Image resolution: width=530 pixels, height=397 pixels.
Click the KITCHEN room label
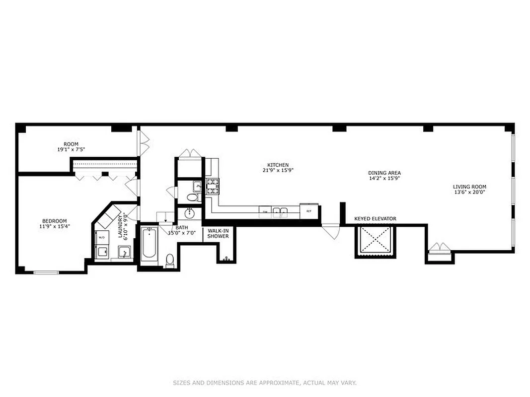278,165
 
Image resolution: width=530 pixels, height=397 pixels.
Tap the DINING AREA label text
384,173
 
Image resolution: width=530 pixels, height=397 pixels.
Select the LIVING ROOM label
468,187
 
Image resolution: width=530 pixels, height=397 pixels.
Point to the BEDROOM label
54,221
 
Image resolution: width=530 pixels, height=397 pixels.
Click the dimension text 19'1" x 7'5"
71,149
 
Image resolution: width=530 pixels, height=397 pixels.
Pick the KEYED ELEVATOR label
375,218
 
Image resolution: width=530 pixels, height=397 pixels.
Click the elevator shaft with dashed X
375,241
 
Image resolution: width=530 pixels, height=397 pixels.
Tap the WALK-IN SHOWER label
218,233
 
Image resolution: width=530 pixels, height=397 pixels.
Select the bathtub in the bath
149,244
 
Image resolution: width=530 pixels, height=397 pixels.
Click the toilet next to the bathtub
170,260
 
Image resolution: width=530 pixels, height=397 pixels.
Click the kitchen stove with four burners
213,187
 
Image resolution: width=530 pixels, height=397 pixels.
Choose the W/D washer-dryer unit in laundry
102,237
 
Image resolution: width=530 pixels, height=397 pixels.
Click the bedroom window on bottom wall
46,272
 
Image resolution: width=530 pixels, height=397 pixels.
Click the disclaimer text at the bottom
265,383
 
